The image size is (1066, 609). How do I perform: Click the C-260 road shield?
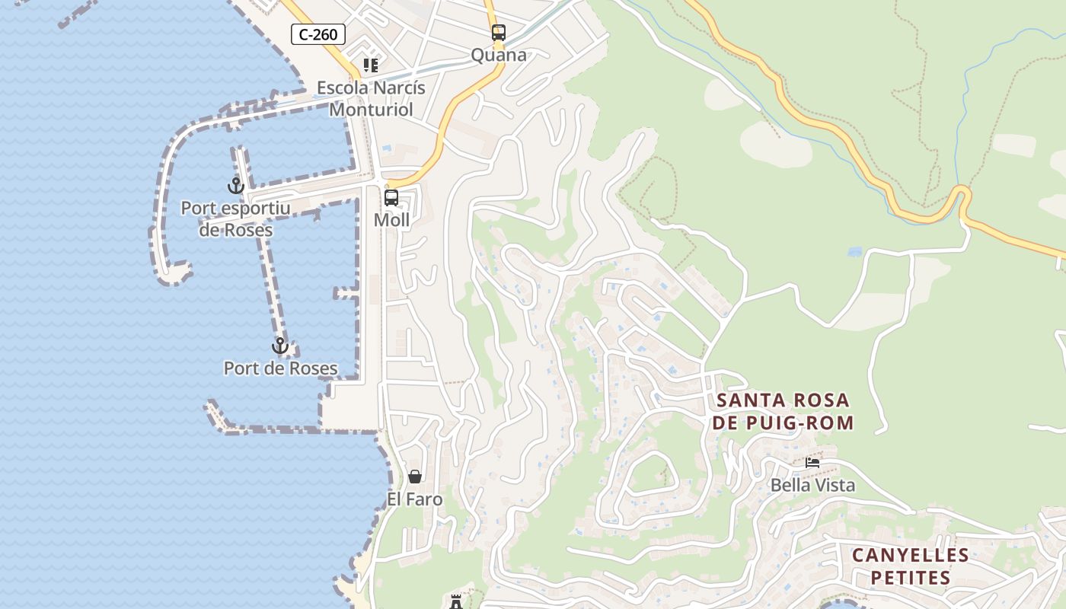pyautogui.click(x=318, y=34)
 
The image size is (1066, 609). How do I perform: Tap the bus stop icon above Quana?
pyautogui.click(x=499, y=33)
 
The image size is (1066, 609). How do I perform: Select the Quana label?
pyautogui.click(x=499, y=55)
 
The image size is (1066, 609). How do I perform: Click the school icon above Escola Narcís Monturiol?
pyautogui.click(x=371, y=65)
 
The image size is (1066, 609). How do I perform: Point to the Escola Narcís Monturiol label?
pyautogui.click(x=371, y=98)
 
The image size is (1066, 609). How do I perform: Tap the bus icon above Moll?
pyautogui.click(x=391, y=198)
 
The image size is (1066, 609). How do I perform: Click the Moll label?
pyautogui.click(x=391, y=220)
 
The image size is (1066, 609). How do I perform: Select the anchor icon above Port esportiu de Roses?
pyautogui.click(x=236, y=185)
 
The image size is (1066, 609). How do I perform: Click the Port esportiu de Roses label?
pyautogui.click(x=236, y=218)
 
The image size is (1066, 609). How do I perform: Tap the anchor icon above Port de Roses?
pyautogui.click(x=280, y=346)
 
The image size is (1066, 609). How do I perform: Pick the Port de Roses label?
pyautogui.click(x=280, y=368)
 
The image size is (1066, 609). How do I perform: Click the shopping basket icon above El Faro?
pyautogui.click(x=415, y=477)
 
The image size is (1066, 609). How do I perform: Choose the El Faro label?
pyautogui.click(x=415, y=499)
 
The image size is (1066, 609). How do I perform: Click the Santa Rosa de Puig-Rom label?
pyautogui.click(x=784, y=411)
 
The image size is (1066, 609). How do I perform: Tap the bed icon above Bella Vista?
pyautogui.click(x=812, y=462)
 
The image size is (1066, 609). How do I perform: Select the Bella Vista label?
pyautogui.click(x=812, y=485)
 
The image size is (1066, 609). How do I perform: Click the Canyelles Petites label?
pyautogui.click(x=910, y=566)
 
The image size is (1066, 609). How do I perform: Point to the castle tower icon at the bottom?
pyautogui.click(x=456, y=602)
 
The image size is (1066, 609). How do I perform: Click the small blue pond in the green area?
pyautogui.click(x=854, y=251)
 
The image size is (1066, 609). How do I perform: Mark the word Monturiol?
pyautogui.click(x=371, y=110)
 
